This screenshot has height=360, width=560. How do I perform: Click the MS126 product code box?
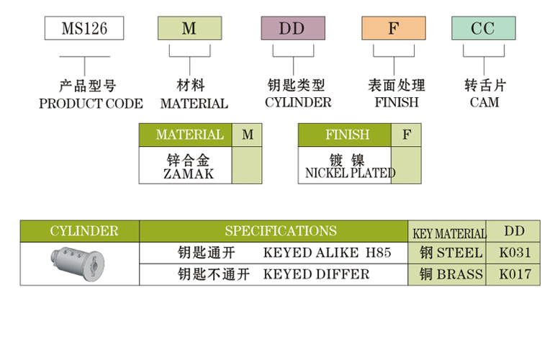tap(84, 28)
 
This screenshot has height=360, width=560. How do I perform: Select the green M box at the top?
tap(189, 28)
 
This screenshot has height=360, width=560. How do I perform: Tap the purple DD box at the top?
tap(292, 28)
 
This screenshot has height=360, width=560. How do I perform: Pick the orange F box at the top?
tap(393, 28)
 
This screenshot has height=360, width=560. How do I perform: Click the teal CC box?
tap(483, 28)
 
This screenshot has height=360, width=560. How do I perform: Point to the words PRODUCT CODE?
tap(91, 103)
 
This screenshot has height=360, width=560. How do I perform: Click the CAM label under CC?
tap(484, 102)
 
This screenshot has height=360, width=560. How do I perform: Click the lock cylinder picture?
tap(78, 262)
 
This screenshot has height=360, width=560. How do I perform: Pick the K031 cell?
tap(514, 253)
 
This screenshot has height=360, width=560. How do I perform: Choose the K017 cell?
tap(514, 274)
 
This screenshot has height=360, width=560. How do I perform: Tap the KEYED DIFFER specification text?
tap(316, 274)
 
